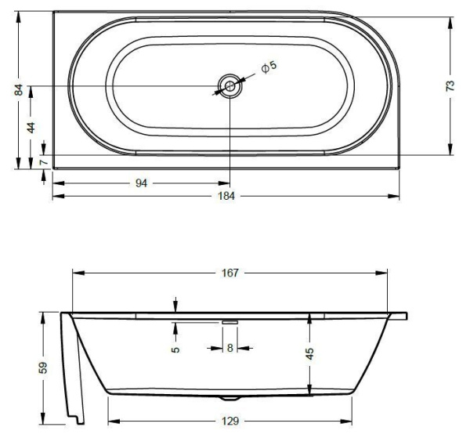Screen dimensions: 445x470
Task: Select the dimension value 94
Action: coord(142,183)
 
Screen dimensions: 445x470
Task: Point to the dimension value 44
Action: coord(31,127)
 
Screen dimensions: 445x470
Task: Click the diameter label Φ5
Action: coord(269,68)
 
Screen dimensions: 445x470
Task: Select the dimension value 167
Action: coord(230,273)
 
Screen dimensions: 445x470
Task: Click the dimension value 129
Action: coord(230,421)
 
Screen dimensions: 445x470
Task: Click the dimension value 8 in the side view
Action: coord(230,347)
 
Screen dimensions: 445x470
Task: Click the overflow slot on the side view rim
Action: coord(230,320)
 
